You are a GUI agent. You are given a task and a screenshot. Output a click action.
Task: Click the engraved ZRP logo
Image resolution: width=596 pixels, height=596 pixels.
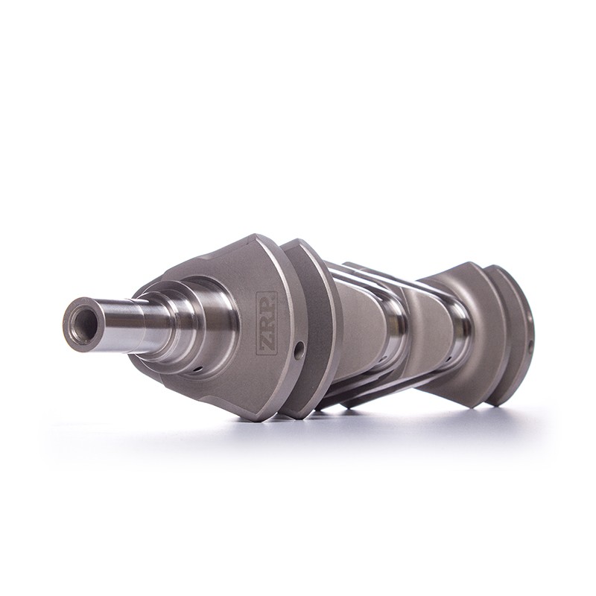point(267,323)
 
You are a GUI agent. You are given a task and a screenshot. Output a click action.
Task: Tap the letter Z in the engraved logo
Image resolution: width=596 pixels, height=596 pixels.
point(267,344)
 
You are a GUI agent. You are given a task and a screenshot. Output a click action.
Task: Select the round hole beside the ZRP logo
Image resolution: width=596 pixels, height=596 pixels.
point(300,349)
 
